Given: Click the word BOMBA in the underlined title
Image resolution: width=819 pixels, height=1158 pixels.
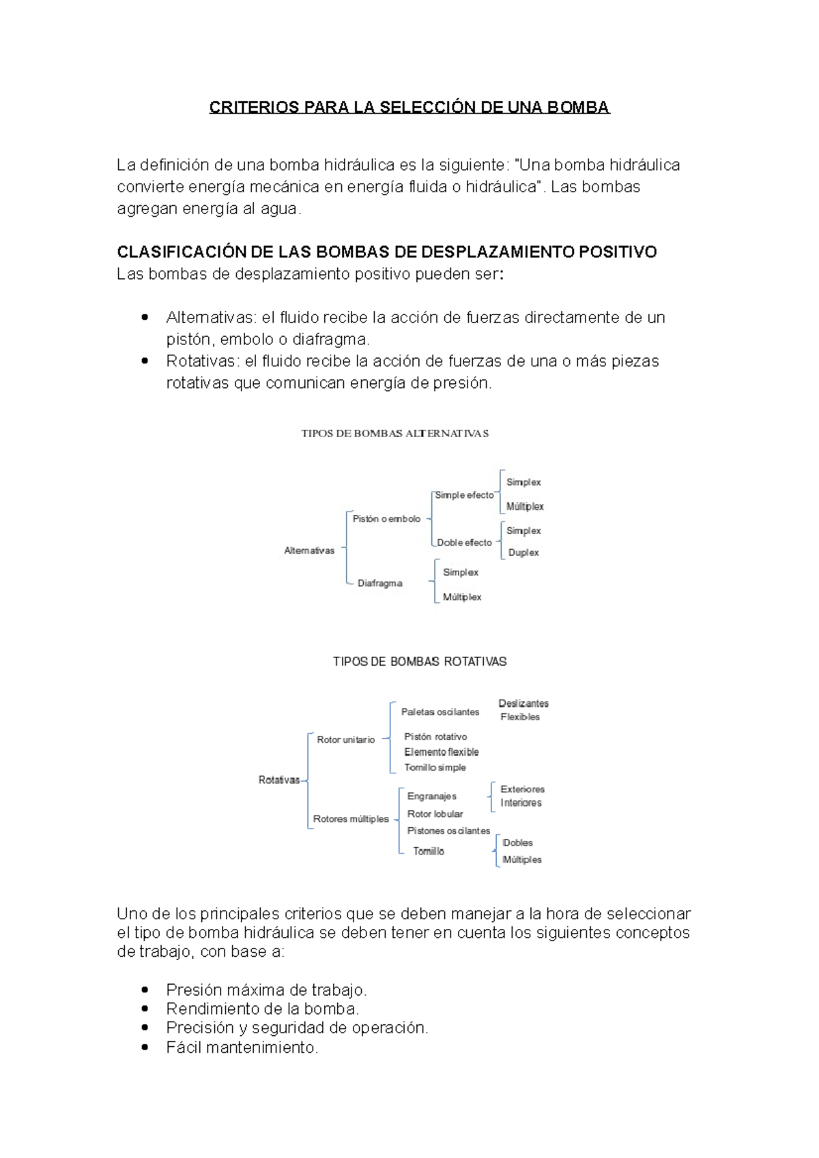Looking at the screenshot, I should [582, 108].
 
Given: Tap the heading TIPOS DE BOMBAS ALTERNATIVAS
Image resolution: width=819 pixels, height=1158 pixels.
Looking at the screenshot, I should [394, 433].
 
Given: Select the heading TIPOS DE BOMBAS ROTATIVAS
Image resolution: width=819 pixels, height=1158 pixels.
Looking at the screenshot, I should [420, 662].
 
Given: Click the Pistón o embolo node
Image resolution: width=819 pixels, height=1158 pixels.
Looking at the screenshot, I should [386, 519].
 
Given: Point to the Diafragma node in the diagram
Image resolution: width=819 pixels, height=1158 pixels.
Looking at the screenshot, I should [379, 583].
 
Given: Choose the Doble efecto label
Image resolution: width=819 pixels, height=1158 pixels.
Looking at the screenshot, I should [464, 543].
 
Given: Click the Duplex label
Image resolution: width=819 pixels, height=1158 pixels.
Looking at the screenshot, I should [523, 552].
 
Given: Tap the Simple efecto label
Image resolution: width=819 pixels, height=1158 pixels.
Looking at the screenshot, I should [464, 495].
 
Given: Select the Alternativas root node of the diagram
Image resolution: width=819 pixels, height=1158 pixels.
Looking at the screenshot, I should [309, 550].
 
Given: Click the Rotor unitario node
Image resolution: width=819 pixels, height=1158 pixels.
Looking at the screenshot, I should [346, 739].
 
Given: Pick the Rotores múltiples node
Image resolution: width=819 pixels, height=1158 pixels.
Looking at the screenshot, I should [351, 819].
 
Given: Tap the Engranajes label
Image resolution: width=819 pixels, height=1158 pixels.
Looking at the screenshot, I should [432, 796].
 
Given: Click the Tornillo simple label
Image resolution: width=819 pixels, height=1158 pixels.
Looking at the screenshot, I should [435, 767].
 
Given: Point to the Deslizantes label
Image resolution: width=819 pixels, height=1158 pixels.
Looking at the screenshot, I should [523, 703].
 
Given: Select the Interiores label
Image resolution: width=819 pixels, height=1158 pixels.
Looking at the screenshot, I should [521, 803].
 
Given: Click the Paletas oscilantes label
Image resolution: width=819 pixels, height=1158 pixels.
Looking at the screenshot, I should [440, 712].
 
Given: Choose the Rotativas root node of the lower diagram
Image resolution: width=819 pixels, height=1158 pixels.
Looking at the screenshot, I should [279, 780].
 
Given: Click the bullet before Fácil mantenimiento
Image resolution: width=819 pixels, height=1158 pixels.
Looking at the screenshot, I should [144, 1047].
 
